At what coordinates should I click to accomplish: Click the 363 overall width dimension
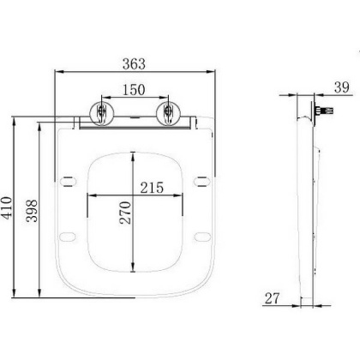[x=134, y=64]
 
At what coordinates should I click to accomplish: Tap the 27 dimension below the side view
[x=273, y=300]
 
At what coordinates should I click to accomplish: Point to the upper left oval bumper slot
[x=68, y=179]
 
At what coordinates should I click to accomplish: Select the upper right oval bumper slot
[x=201, y=179]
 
